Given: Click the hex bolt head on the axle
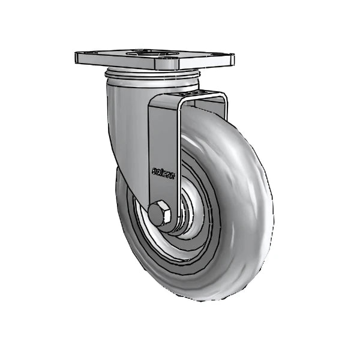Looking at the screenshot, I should pyautogui.click(x=159, y=214).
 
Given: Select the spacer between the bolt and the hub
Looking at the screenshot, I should pyautogui.click(x=175, y=217).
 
